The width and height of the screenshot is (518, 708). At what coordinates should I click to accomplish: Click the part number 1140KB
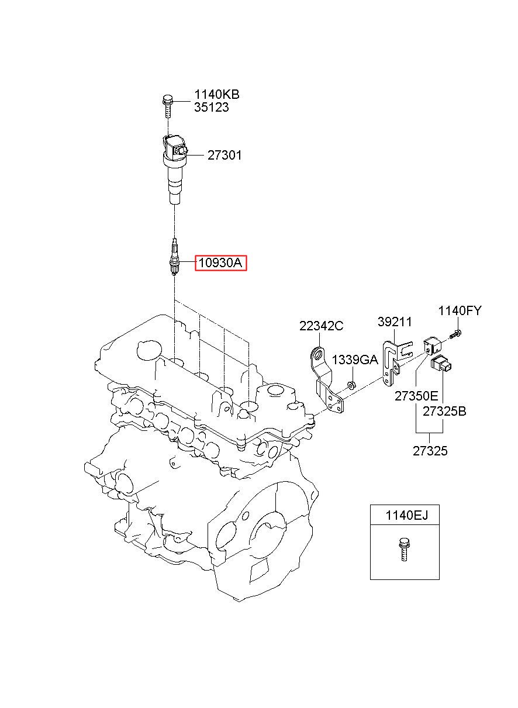click(x=216, y=94)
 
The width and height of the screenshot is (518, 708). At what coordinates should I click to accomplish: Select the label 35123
click(x=211, y=107)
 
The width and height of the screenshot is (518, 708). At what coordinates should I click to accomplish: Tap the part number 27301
click(x=225, y=155)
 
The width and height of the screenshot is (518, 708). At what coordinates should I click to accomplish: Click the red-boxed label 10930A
click(x=220, y=263)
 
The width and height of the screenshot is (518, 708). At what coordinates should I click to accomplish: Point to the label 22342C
click(x=321, y=326)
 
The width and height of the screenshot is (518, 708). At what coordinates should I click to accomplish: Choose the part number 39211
click(x=395, y=322)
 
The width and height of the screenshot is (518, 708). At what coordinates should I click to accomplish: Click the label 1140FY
click(x=460, y=311)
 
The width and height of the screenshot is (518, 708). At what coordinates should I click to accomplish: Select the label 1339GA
click(x=355, y=360)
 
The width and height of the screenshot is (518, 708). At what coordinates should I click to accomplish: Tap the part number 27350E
click(x=416, y=396)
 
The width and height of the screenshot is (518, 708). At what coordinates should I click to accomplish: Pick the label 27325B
click(x=444, y=411)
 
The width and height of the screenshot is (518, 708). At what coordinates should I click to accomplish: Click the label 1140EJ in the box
click(x=406, y=516)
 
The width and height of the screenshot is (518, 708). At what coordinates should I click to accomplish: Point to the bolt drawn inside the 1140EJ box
click(x=403, y=550)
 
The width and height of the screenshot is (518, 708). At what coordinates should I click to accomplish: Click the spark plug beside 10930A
click(x=174, y=257)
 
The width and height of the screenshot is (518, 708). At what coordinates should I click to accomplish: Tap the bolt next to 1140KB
click(x=167, y=106)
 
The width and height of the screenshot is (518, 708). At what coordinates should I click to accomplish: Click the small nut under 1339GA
click(x=351, y=385)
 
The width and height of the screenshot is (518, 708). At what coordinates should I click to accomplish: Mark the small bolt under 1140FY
click(x=455, y=333)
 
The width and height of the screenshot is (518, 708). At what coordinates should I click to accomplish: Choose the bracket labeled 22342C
click(x=326, y=379)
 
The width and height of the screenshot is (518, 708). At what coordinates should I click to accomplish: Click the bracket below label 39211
click(x=395, y=361)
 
